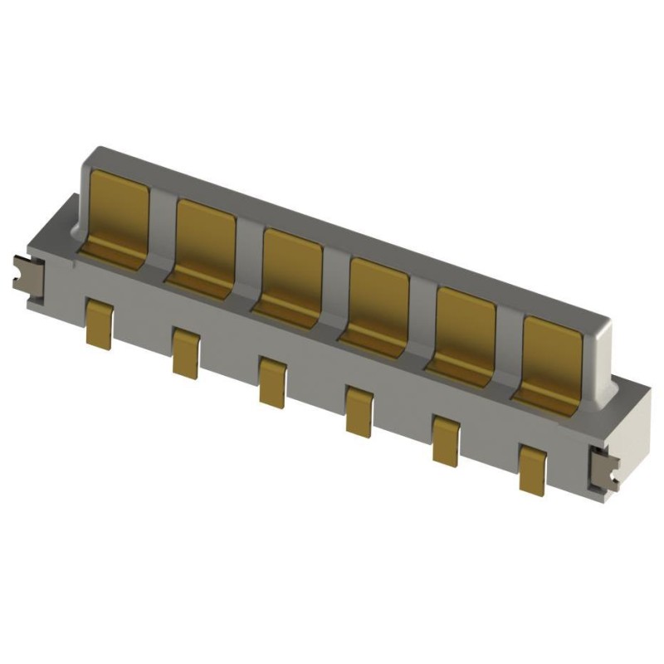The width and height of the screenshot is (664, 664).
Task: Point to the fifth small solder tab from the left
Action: [446, 441]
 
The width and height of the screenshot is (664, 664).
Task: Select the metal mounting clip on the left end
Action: [27, 276]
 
